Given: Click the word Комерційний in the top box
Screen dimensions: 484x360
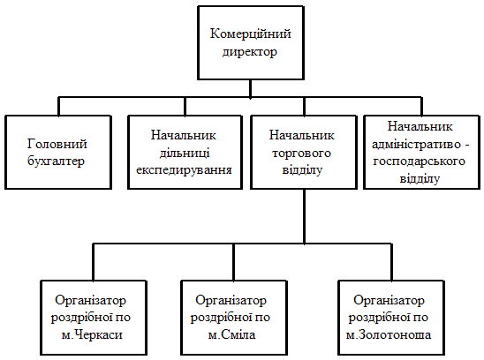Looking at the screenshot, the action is [x=250, y=34].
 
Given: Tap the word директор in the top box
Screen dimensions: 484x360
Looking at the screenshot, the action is [x=250, y=52].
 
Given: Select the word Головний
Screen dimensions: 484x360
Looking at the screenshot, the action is [x=57, y=144].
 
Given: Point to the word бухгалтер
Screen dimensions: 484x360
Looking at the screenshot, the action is [x=56, y=161].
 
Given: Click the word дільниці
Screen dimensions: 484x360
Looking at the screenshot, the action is [x=185, y=153].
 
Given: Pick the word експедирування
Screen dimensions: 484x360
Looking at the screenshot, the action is [x=185, y=170].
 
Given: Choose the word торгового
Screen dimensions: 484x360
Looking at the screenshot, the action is [x=301, y=153].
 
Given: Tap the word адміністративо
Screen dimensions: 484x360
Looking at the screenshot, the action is [x=416, y=144].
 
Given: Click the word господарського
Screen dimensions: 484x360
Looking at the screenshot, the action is [x=420, y=161].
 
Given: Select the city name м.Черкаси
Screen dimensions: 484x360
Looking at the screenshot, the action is [x=92, y=334].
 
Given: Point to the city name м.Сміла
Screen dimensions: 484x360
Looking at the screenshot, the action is [x=231, y=334].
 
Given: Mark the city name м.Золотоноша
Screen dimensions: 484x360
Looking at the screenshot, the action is [x=389, y=334].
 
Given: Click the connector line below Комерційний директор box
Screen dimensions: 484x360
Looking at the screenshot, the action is [x=250, y=89].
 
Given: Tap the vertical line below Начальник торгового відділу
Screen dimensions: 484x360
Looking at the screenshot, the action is [x=305, y=216].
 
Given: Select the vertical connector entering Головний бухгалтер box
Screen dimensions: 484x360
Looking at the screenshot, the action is [x=59, y=107].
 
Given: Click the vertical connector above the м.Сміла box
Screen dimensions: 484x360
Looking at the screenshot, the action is [x=233, y=262].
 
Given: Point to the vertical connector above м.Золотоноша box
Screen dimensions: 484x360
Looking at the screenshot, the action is [x=392, y=262].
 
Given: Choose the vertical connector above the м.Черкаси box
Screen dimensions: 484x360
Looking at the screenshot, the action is [x=94, y=262].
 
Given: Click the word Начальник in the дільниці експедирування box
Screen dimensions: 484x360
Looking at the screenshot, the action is [x=184, y=135].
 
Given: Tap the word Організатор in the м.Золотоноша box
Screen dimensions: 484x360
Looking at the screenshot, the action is [x=389, y=301].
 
